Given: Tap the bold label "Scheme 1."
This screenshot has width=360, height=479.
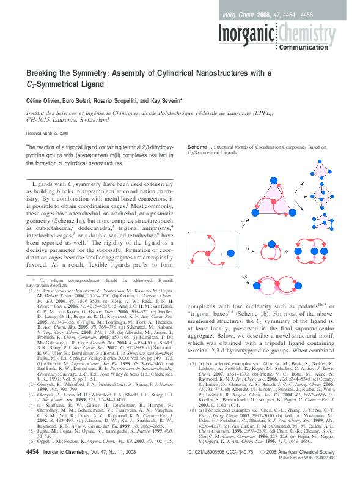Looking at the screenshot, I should tap(201, 147).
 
